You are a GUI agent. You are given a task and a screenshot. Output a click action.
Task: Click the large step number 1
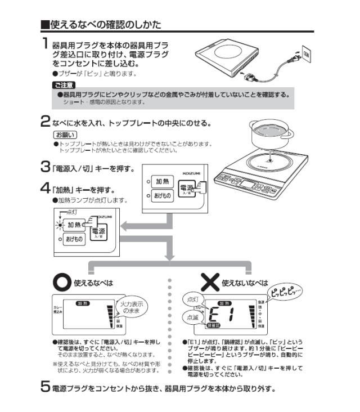coord(45,44)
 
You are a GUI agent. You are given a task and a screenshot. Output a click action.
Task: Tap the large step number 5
coord(46,388)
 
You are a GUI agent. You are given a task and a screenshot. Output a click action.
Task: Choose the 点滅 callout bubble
coord(189,317)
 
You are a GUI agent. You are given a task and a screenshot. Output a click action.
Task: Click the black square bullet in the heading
coord(45,24)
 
